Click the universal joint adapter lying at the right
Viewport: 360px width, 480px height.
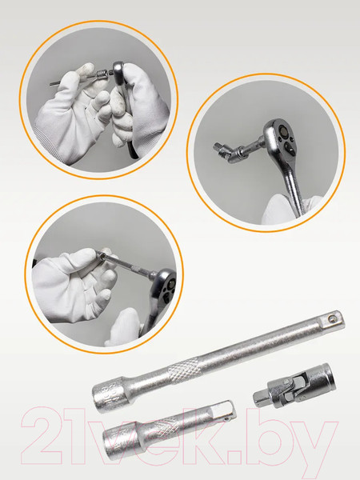point(294,386)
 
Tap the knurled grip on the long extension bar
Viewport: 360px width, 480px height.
point(184,370)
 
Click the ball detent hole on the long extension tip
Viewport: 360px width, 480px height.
point(330,319)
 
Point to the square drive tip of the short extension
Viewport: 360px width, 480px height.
point(224,410)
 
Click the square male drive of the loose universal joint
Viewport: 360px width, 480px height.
point(260,398)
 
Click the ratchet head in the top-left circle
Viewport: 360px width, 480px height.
point(118,73)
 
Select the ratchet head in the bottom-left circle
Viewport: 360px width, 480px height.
point(166,286)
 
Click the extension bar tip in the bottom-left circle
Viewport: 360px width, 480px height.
point(101,255)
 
